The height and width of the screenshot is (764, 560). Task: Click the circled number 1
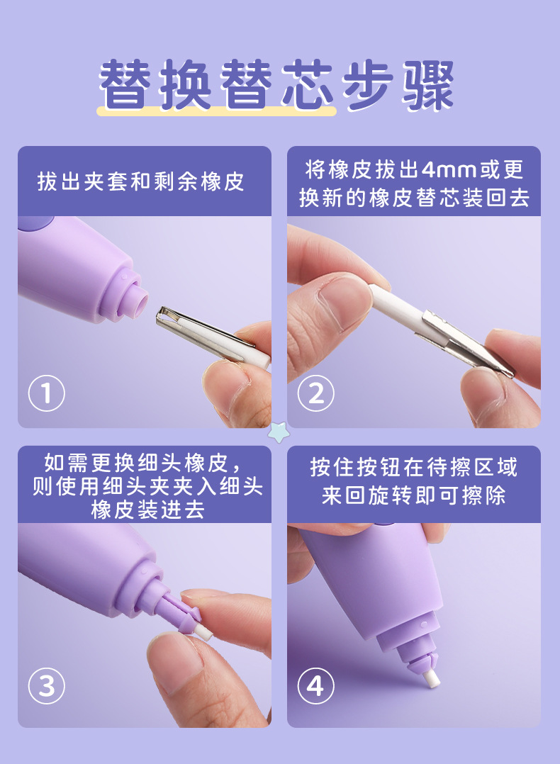click(x=46, y=393)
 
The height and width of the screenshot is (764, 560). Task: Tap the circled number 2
click(x=316, y=393)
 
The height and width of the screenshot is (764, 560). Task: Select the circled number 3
click(x=46, y=686)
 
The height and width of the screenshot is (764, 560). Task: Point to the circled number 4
click(x=316, y=686)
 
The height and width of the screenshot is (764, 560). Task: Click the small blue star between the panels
click(x=279, y=432)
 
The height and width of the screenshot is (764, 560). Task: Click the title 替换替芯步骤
click(x=276, y=85)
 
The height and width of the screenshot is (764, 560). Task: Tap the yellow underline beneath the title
click(x=217, y=111)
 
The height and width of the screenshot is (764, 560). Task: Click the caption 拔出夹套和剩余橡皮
click(x=141, y=181)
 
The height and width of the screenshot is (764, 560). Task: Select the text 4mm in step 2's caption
click(x=449, y=169)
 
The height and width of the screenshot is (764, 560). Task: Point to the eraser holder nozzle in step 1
click(x=138, y=298)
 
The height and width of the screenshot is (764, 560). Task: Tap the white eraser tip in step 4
click(x=430, y=678)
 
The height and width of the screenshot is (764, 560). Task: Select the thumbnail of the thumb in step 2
click(x=341, y=301)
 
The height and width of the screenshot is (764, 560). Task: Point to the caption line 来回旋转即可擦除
click(x=414, y=496)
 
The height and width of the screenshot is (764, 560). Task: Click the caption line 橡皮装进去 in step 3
click(x=147, y=510)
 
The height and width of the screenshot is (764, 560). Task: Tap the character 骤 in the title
click(x=427, y=85)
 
